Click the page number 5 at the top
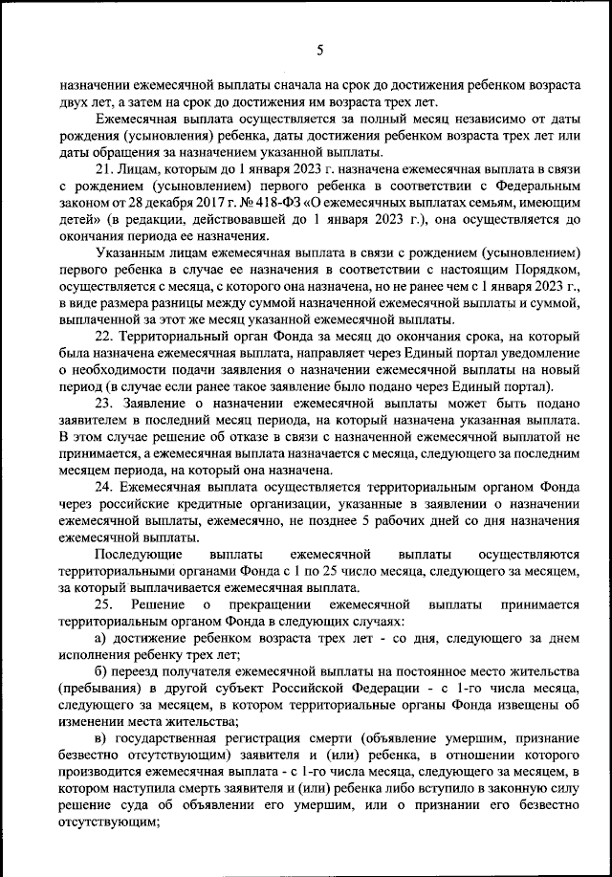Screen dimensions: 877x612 click(x=319, y=50)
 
